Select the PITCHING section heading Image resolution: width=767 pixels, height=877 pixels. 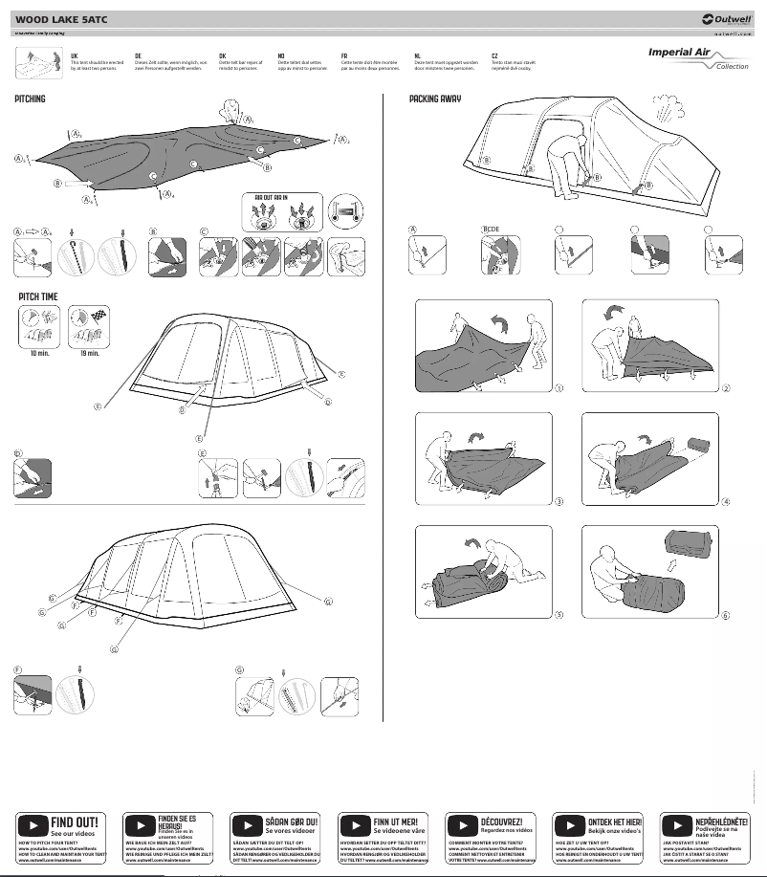[30, 99]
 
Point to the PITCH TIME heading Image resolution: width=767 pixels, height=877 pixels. [38, 297]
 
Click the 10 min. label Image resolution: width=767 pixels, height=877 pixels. [36, 353]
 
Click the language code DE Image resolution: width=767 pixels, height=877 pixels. [139, 56]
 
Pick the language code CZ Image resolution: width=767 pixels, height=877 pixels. [494, 56]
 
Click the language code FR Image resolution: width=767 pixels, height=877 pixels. [344, 56]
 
